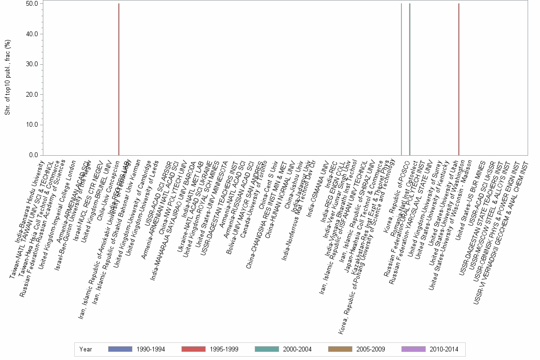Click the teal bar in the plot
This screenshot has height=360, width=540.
pos(410,79)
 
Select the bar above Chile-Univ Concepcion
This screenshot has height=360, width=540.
pos(119,79)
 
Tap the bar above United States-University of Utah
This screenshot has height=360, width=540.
pos(459,79)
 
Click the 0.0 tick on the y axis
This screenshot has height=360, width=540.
pos(34,155)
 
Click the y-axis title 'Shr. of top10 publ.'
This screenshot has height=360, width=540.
pos(7,78)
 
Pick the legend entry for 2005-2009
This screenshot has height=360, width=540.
pos(356,349)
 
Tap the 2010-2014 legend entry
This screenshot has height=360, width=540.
pos(430,349)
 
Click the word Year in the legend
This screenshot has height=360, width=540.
pos(86,349)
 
